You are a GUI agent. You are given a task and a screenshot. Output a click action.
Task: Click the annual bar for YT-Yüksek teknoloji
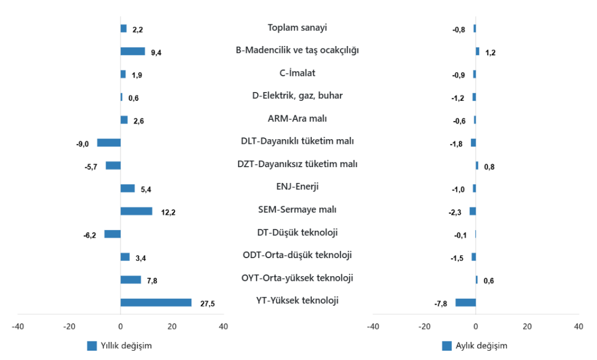[x=156, y=302]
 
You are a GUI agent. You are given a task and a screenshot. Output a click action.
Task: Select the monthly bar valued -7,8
[x=465, y=302]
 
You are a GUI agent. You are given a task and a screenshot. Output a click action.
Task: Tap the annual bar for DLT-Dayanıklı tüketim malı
[x=108, y=143]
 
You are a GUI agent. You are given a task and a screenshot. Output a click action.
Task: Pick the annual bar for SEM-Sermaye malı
[x=136, y=211]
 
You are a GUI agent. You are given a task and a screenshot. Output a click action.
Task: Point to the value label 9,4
[x=156, y=52]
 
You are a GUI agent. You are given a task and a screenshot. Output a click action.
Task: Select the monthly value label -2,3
[x=455, y=213]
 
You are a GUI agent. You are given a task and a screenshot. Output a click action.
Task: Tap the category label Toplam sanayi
[x=297, y=27]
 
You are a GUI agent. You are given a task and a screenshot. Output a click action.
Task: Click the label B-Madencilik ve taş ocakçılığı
[x=297, y=50]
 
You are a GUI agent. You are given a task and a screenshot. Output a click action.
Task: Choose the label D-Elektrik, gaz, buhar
[x=297, y=96]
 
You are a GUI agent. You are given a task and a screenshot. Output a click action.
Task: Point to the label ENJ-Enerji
[x=297, y=186]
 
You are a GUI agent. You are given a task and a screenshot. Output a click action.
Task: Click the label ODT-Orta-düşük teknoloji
[x=297, y=255]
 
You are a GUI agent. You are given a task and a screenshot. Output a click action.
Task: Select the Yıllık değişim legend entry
[x=120, y=345]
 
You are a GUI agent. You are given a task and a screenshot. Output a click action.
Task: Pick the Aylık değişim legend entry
[x=475, y=345]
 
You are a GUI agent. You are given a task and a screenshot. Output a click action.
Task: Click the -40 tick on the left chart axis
[x=18, y=326]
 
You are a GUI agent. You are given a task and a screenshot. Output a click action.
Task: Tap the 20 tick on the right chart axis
[x=527, y=326]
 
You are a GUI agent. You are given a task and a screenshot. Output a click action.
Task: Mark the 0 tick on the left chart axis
[x=121, y=326]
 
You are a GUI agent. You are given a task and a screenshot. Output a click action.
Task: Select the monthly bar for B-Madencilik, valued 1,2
[x=477, y=51]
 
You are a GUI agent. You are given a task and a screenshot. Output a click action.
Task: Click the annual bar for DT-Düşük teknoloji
[x=113, y=234]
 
